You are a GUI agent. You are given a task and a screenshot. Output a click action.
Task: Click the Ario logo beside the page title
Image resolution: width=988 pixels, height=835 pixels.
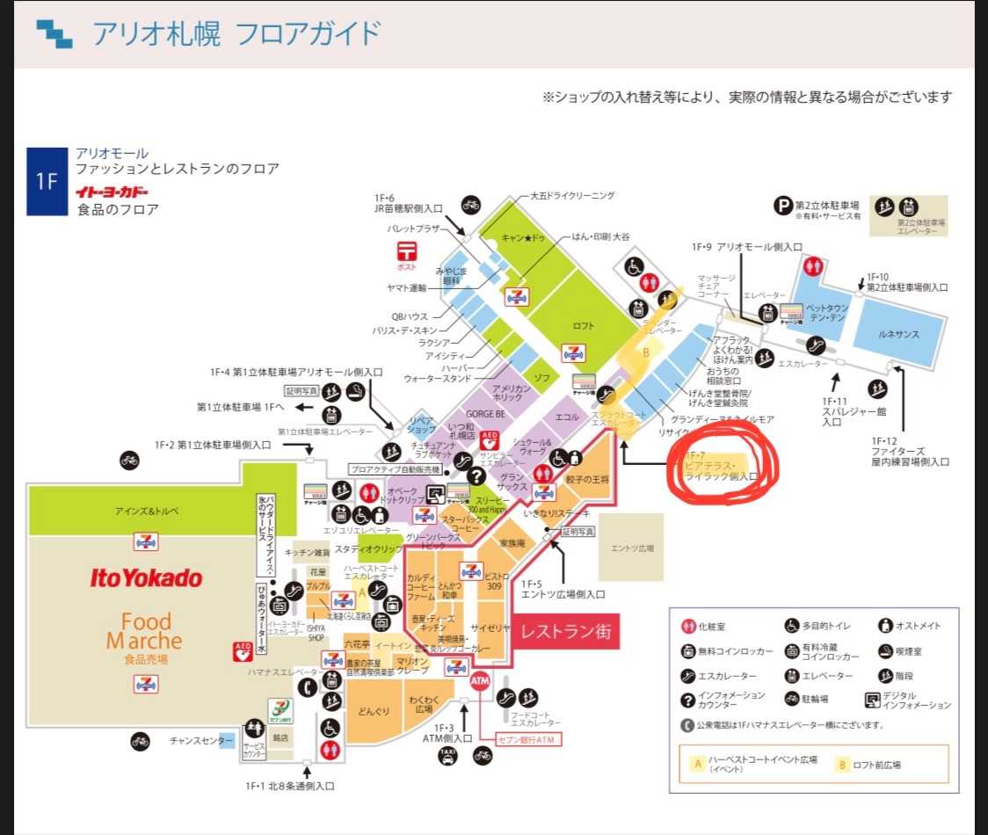54,33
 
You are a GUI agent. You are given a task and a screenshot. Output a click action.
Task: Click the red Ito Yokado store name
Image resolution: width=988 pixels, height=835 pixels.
146,577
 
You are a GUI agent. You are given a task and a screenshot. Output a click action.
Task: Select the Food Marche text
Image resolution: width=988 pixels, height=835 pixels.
146,631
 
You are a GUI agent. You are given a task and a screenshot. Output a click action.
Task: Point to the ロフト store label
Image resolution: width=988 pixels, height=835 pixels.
584,325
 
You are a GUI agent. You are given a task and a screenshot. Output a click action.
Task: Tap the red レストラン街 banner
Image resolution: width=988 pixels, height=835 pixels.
565,631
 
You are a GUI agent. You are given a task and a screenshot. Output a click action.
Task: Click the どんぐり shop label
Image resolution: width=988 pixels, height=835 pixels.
374,709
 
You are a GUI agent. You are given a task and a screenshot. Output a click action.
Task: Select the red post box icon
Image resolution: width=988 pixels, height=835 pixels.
406,256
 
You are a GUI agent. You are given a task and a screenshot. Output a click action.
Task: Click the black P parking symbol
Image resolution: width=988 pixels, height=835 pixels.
782,206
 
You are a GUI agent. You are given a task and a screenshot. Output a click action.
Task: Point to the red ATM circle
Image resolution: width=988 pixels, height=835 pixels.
479,680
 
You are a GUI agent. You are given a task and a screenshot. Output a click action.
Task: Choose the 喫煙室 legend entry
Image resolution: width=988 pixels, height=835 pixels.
906,651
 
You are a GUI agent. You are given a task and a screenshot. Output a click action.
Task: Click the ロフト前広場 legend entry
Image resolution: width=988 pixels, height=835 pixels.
868,765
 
